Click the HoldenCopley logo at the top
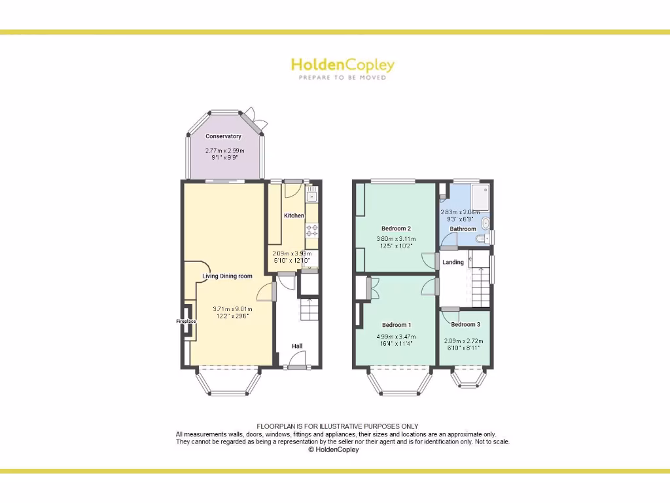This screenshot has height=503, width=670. coord(342,68)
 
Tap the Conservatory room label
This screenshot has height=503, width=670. coord(223,136)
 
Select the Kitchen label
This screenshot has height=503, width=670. coord(294,215)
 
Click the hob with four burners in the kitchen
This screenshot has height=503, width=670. coord(311,231)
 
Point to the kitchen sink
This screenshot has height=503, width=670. coord(311,195)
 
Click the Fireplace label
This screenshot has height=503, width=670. coord(186,322)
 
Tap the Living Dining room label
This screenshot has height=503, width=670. coord(227,276)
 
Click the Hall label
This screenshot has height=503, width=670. coord(297,346)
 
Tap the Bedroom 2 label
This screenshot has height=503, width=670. coord(396,229)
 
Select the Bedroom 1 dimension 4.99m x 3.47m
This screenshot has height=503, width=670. coord(396,337)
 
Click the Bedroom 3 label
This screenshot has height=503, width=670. coord(465,324)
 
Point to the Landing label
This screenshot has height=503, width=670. coord(453,262)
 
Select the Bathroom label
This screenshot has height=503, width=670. coord(463,229)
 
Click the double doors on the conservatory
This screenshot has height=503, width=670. coord(258,122)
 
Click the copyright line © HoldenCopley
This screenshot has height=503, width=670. coord(334,449)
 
